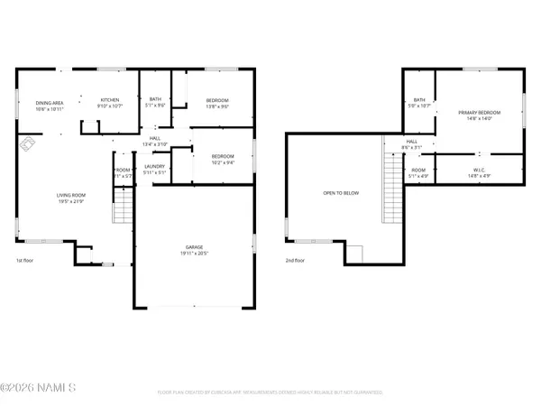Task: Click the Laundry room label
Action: coord(154,169)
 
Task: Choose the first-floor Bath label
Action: coord(155,102)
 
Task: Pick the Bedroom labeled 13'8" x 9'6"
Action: coord(217,102)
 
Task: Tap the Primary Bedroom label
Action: coord(479,115)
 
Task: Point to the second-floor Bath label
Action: coord(419,103)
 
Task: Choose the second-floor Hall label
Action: coord(411,144)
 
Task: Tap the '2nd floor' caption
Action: coord(294,261)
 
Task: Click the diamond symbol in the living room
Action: coord(27,142)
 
